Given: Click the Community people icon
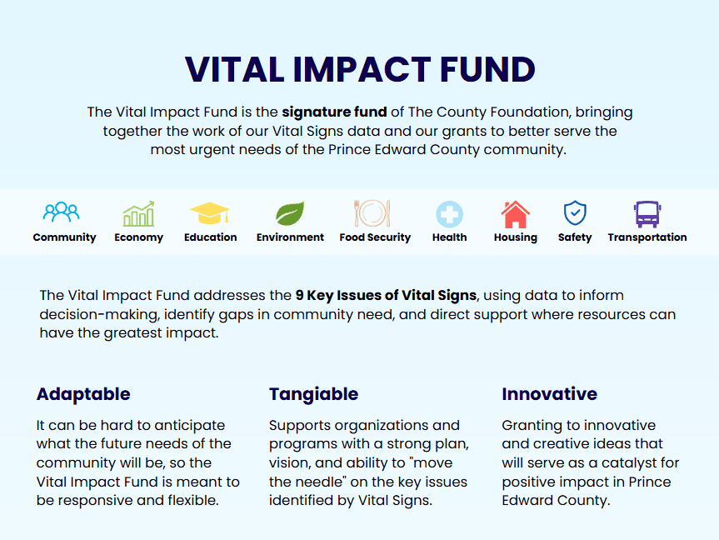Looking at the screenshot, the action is coord(61,212).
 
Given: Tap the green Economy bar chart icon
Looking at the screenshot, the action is coord(138,214).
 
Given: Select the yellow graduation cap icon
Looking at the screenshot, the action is coord(210,213).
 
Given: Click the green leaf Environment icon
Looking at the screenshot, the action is coord(290,214).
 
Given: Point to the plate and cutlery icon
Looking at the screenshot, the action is coord(372,213).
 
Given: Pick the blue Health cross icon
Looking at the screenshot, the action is coord(449,214).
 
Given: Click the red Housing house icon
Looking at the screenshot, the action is coord(516,214).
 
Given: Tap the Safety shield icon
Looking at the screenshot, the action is coord(575,212).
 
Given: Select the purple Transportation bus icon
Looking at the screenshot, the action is coord(647,214).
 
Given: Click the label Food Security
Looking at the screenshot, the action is coord(375,237).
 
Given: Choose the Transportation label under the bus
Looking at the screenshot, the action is coord(647,237).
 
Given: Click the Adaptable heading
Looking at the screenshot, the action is coord(83,394).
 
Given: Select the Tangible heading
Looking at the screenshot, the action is coord(313,394).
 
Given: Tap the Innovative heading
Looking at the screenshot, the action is coord(549,394).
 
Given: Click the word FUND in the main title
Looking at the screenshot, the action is coord(487,70).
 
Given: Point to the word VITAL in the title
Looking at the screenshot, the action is coord(234,70).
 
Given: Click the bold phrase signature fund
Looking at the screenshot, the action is coord(334,112).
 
